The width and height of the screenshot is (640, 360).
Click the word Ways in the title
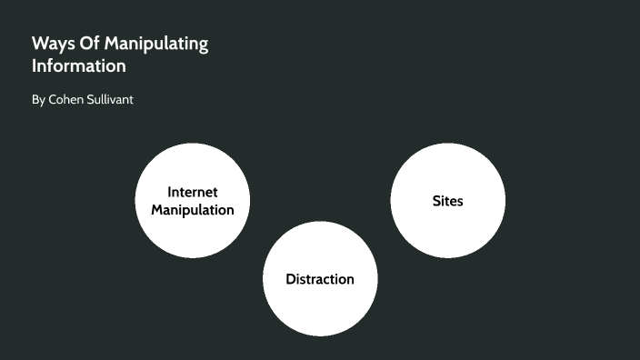pos(50,45)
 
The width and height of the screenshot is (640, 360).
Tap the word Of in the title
pos(87,45)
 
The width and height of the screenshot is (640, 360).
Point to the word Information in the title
pos(78,67)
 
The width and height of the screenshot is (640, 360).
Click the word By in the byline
pos(37,100)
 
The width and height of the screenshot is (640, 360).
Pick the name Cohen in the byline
pos(66,99)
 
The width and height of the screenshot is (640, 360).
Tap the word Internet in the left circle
pos(193,192)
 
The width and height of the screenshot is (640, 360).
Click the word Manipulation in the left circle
pos(193,210)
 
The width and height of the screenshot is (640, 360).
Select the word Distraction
pos(320,279)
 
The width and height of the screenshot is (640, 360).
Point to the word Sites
pos(447,201)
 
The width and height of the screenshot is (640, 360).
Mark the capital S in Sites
pos(435,201)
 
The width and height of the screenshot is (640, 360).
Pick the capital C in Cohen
pos(52,99)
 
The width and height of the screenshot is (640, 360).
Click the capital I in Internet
pos(170,192)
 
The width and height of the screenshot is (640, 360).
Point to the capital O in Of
pos(83,45)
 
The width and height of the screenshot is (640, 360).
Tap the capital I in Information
pos(35,67)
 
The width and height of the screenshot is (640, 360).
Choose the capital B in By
pos(35,99)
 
